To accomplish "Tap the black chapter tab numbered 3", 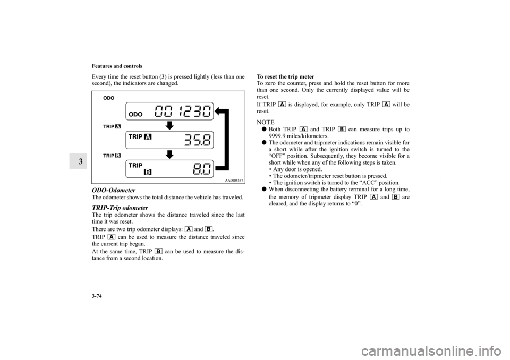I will coord(64,161).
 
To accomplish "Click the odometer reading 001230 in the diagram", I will coord(183,112).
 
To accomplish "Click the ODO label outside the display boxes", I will coord(108,98).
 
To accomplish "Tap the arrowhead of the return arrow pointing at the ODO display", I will coord(219,112).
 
